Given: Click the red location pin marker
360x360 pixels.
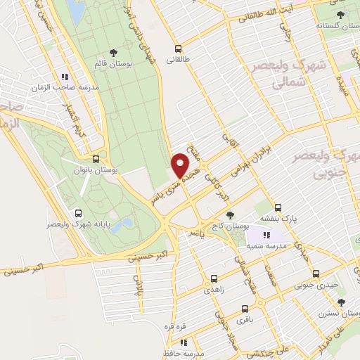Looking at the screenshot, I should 181,165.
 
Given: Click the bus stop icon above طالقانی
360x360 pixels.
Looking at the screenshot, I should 178,49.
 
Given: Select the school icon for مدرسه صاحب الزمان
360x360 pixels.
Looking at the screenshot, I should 64,77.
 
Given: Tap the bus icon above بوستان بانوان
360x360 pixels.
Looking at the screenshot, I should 96,159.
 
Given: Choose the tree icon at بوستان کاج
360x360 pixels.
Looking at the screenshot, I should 231,215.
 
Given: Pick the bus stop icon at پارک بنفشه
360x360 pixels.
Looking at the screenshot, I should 278,207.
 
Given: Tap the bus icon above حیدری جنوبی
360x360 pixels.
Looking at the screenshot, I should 316,274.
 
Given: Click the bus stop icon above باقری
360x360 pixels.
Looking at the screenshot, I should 244,309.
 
